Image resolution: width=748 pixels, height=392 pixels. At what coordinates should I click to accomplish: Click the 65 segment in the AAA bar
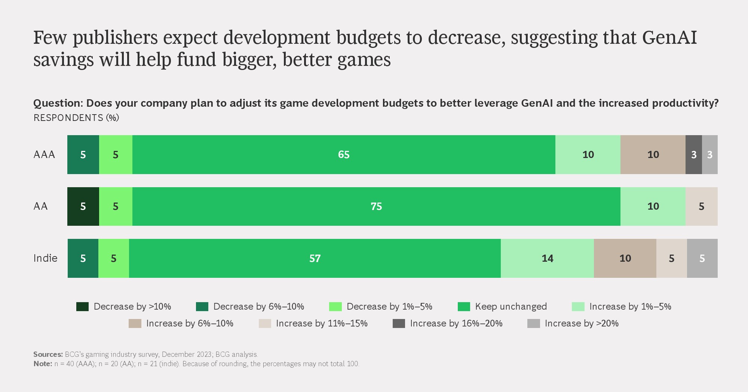[344, 155]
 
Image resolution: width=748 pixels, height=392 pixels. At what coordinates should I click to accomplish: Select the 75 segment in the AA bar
[376, 206]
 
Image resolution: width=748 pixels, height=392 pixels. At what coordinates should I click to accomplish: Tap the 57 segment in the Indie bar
[315, 258]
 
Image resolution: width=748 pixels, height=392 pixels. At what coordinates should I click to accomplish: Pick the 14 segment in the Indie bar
[547, 258]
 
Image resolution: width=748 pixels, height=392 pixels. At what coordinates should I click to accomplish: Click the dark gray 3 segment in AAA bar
[693, 155]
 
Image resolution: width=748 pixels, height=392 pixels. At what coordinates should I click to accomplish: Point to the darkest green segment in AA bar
[83, 206]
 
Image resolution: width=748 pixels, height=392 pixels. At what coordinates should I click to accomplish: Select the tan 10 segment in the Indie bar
[625, 258]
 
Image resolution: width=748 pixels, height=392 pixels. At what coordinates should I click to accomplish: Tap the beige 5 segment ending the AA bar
[701, 206]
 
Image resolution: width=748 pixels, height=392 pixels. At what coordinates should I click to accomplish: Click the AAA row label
[44, 155]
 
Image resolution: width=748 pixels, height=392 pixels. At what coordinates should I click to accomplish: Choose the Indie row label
[45, 258]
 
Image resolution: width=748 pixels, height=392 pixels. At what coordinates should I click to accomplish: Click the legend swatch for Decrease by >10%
[82, 307]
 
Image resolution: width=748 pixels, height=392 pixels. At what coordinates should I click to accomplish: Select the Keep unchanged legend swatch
[464, 307]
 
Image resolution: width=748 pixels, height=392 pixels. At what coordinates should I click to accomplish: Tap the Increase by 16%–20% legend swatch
[399, 323]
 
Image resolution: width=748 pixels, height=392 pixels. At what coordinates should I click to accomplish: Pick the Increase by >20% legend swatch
[533, 323]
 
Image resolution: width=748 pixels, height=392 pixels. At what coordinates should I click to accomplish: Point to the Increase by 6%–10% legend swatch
[135, 323]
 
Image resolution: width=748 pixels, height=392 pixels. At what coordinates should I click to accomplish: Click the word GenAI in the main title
[669, 37]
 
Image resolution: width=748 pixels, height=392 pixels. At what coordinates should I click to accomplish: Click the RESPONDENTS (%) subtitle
[76, 118]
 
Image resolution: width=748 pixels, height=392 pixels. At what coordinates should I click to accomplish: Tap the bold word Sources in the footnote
[47, 354]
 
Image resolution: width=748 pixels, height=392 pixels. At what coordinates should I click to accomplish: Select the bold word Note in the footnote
[42, 364]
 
